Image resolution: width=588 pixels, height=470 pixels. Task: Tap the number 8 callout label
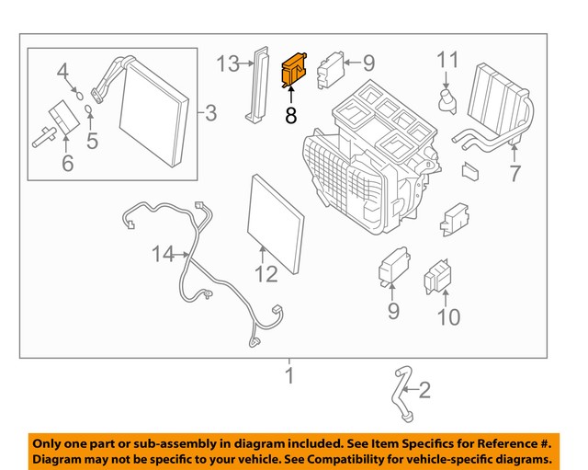(x=291, y=116)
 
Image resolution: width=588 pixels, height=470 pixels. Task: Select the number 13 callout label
(x=227, y=63)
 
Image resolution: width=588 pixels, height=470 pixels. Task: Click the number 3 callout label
(x=210, y=113)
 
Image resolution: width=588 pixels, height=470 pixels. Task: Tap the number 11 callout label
(x=447, y=61)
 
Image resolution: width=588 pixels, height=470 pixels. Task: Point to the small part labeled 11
(x=447, y=98)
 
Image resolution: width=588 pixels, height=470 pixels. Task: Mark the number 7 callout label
(x=514, y=173)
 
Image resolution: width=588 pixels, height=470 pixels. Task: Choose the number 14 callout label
(x=163, y=254)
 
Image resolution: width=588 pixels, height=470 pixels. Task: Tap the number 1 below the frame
(x=289, y=375)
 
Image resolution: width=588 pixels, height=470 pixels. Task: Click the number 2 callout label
(x=424, y=391)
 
